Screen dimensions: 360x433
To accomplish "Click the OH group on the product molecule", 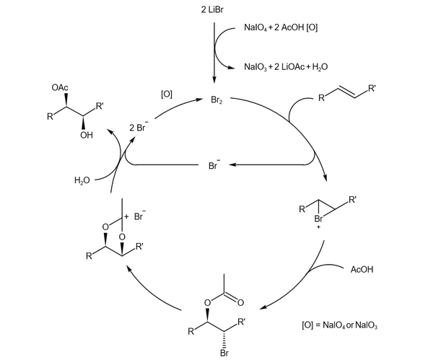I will tap(87, 133).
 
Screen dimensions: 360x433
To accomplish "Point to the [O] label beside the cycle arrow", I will tap(167, 95).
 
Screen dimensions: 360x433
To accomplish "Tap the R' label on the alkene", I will tap(372, 89).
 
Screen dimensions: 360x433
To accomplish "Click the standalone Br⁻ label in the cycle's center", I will tap(214, 165).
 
